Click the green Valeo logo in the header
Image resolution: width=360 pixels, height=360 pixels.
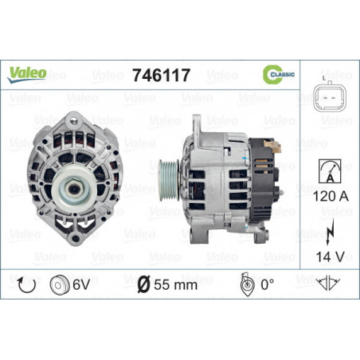point(28,73)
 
